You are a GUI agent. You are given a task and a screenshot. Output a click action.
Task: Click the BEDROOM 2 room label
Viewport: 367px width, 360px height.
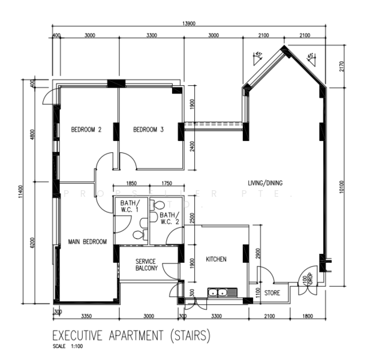click(x=86, y=129)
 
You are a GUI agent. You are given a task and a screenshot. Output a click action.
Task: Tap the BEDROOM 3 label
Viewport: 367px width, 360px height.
click(x=148, y=129)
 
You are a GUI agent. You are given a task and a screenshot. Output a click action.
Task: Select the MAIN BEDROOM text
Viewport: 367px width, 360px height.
click(x=87, y=242)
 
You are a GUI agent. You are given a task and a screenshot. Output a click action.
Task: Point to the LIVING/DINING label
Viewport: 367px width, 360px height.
click(x=266, y=182)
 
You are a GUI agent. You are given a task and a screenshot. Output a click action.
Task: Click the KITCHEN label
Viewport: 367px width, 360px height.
click(x=216, y=259)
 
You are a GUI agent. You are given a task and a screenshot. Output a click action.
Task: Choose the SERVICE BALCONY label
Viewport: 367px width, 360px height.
click(x=146, y=265)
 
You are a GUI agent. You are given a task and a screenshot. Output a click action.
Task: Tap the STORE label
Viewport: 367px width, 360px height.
click(x=272, y=293)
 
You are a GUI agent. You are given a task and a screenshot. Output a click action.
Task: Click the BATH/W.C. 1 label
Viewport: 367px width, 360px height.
click(x=130, y=206)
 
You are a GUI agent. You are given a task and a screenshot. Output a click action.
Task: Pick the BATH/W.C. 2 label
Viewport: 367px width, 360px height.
click(x=170, y=218)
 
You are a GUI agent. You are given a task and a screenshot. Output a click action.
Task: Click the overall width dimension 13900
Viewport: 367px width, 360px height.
click(x=188, y=23)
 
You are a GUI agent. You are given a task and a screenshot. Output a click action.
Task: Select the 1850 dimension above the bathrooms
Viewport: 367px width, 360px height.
click(x=131, y=183)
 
